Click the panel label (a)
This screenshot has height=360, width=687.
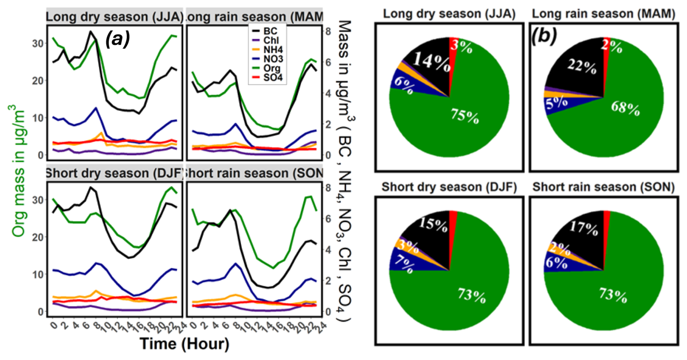(117, 39)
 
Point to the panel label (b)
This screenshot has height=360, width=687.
(544, 36)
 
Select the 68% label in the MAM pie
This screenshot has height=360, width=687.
(625, 108)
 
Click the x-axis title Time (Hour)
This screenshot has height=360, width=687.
(184, 344)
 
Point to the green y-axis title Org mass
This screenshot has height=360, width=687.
(19, 171)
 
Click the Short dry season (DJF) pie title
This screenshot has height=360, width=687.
(449, 187)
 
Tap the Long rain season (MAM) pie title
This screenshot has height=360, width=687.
(603, 14)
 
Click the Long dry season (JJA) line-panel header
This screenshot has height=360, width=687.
(115, 17)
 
